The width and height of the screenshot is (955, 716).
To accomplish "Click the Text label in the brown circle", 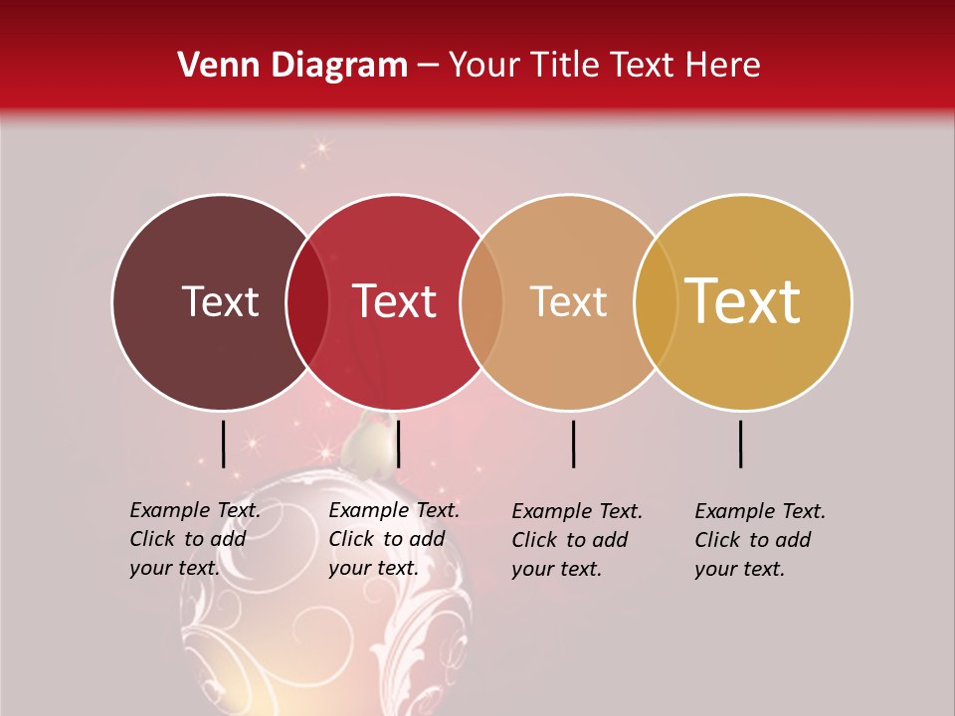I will click(220, 301).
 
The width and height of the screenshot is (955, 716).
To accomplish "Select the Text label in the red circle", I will click(394, 301).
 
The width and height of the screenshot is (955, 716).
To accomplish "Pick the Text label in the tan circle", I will click(568, 301).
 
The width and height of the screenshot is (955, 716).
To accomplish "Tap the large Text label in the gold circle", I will click(743, 301).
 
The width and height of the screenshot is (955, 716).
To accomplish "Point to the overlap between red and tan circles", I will click(481, 302).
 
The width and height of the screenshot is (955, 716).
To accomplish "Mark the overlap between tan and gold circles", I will click(656, 302).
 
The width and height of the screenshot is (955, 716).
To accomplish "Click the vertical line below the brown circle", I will click(223, 444).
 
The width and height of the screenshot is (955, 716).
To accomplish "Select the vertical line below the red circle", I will click(398, 444).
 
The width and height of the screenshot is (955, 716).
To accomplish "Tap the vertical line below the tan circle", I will click(573, 444).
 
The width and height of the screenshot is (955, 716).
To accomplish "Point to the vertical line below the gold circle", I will click(741, 444).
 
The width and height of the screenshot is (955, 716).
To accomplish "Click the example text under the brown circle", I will click(194, 539).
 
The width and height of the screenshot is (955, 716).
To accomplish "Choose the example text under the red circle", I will click(393, 539).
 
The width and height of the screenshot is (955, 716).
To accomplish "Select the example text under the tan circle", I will click(576, 540).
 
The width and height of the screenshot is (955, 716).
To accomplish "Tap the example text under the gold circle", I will click(759, 540).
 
